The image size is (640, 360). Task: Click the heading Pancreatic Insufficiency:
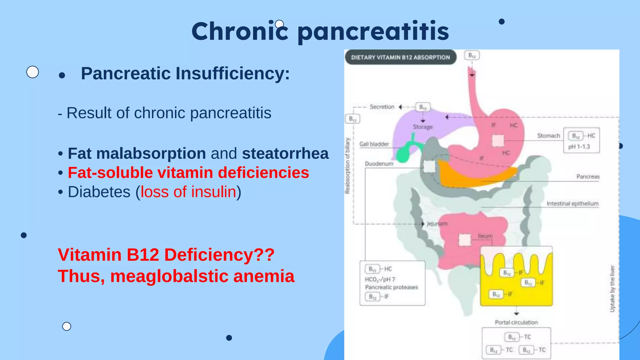tap(185, 73)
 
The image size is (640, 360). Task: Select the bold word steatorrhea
tap(285, 153)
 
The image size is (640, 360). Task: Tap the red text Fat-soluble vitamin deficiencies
tap(188, 172)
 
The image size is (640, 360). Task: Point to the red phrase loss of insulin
tap(188, 192)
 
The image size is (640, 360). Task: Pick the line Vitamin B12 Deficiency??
tap(166, 255)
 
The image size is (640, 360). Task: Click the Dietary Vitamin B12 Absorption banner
tap(400, 57)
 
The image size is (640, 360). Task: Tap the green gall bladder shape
tap(405, 152)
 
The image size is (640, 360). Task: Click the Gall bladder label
tap(374, 144)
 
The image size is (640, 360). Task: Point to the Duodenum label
tap(379, 164)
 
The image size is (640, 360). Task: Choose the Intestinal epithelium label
tap(572, 204)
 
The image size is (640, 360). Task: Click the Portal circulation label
tap(516, 322)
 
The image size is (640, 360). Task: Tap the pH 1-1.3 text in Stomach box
tap(579, 147)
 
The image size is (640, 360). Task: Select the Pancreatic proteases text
tap(391, 287)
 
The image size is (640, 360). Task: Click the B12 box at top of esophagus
tap(472, 56)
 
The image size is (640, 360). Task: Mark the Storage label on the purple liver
tap(423, 127)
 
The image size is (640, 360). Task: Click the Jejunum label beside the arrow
tap(437, 224)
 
